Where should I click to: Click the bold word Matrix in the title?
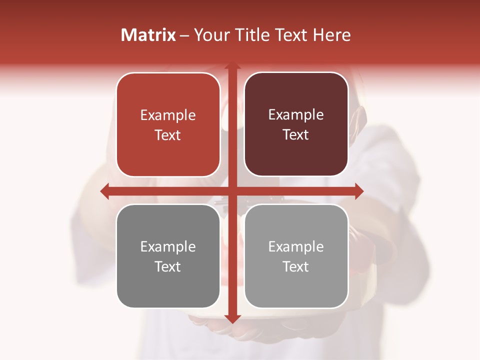coord(148,35)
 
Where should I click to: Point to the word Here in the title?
coord(331,35)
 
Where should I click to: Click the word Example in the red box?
coord(168,115)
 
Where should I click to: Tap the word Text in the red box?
coord(168,135)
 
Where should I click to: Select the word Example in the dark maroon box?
coord(296,115)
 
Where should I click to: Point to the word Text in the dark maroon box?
coord(296,134)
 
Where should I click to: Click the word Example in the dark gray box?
coord(168,246)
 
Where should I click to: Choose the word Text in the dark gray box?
coord(168,266)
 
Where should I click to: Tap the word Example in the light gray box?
coord(296,246)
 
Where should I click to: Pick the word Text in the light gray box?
coord(296,266)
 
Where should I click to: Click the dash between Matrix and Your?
coord(184,35)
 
